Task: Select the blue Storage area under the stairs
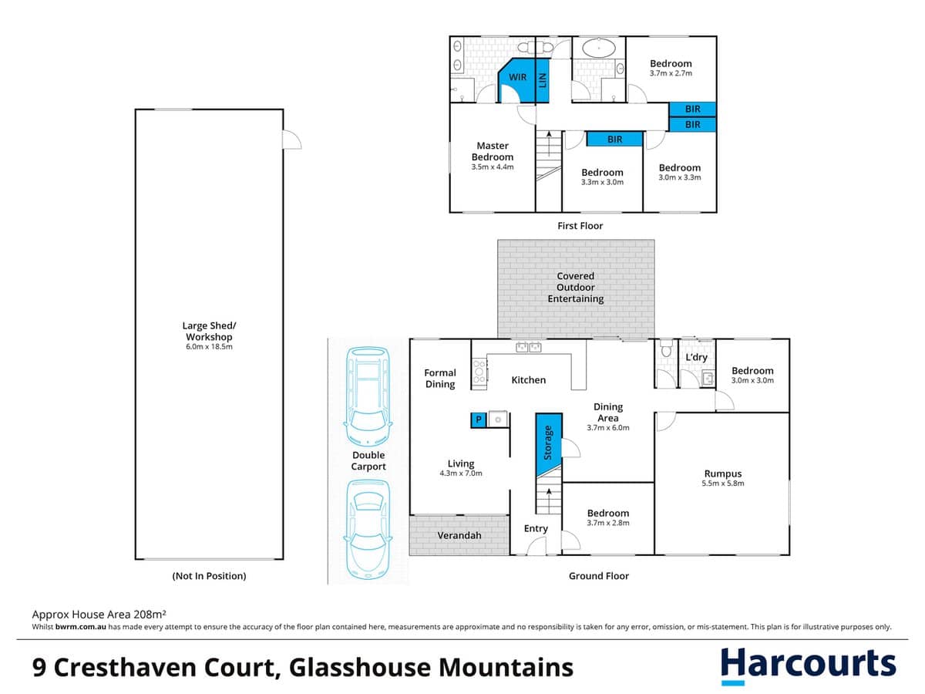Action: [x=548, y=443]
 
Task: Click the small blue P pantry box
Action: [x=478, y=419]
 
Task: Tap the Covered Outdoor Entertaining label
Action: [x=575, y=287]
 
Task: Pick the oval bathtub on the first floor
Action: [x=597, y=48]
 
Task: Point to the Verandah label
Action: [x=459, y=535]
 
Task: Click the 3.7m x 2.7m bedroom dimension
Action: [x=670, y=74]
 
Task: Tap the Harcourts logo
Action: [x=808, y=665]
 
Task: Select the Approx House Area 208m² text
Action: [x=99, y=615]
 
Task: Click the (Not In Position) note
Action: [x=208, y=575]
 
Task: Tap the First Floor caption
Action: [x=580, y=226]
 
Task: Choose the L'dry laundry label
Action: [x=696, y=358]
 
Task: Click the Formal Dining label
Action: [x=440, y=378]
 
